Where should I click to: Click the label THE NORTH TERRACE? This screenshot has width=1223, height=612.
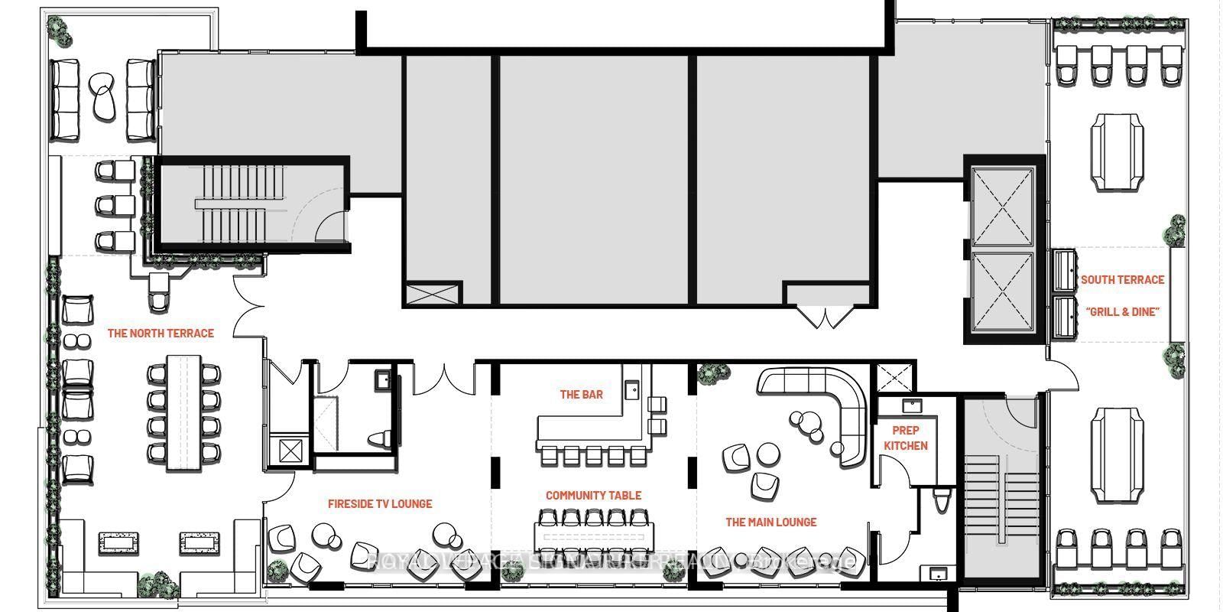tap(161, 334)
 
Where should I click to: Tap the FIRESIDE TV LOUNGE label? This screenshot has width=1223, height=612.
tap(380, 504)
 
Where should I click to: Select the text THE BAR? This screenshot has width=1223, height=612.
tap(581, 395)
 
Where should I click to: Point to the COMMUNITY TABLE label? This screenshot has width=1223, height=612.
tap(593, 496)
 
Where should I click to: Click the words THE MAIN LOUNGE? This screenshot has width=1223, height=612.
tap(770, 522)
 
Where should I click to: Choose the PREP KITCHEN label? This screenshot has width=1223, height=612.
tap(906, 438)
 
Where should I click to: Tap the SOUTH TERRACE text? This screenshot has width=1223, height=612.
tap(1122, 280)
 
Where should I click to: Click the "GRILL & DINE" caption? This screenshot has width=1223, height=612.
tap(1122, 312)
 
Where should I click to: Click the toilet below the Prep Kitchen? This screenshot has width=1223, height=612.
tap(942, 501)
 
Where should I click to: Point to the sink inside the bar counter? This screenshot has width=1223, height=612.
tap(631, 391)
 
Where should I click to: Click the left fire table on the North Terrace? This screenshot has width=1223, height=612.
tap(119, 544)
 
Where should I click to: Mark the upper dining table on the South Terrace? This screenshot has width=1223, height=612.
tap(1118, 151)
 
